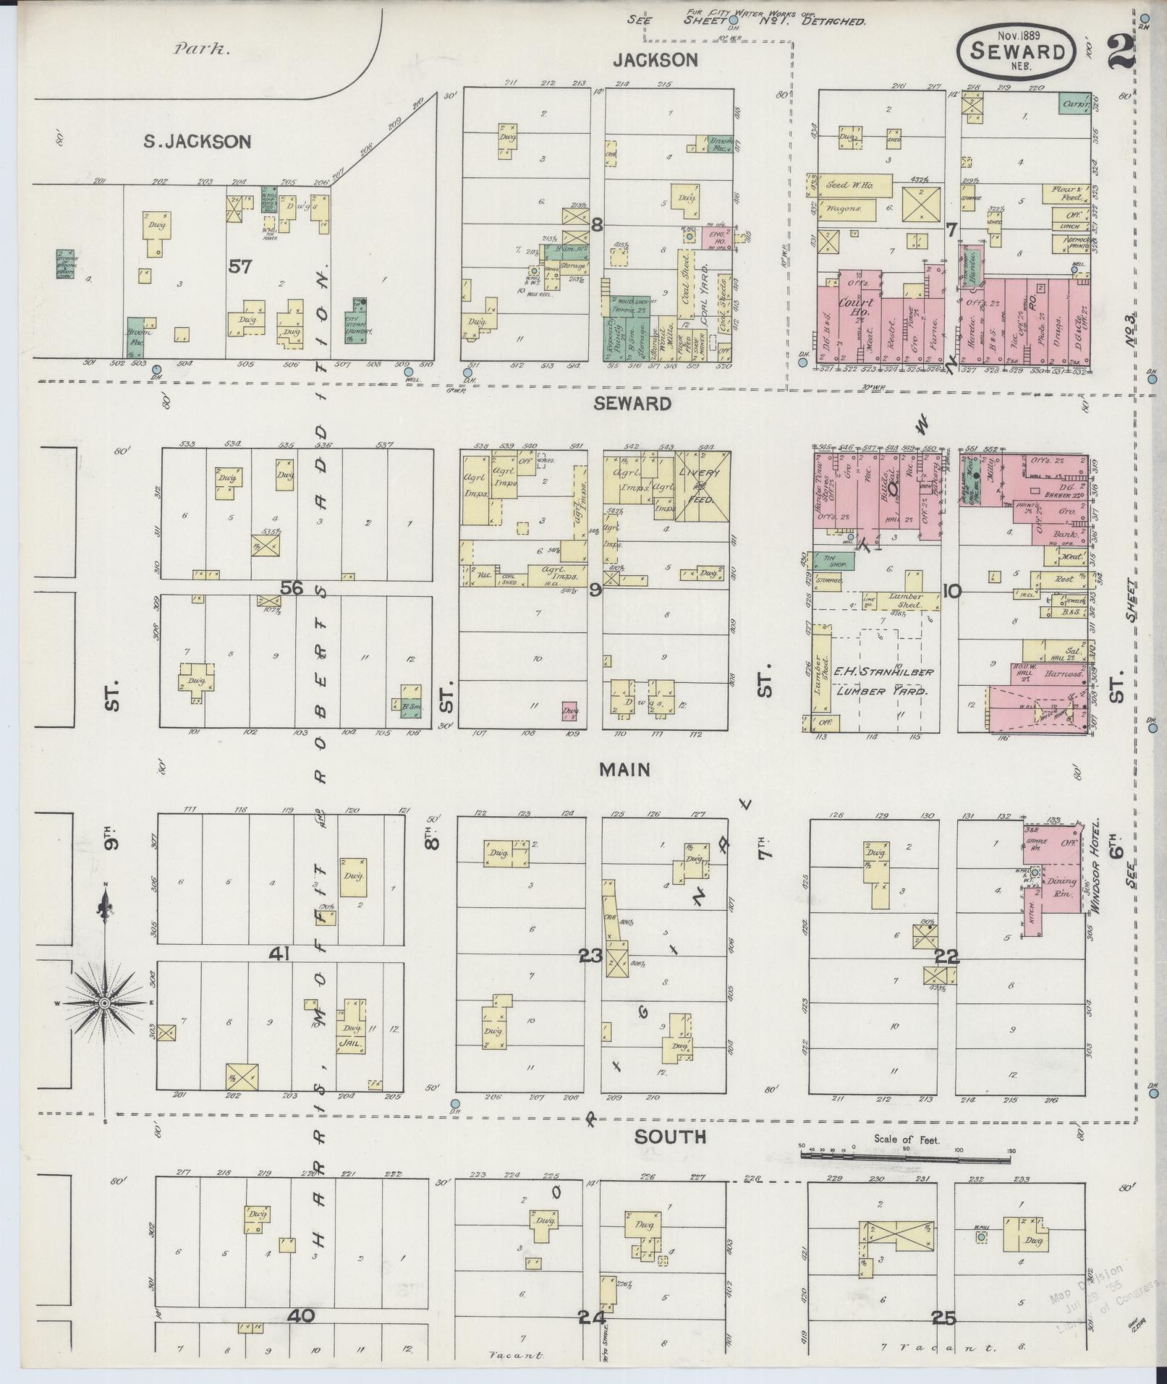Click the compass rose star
coord(104,1003)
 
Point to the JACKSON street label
coord(655,60)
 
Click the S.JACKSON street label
coord(197,142)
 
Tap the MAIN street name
coord(624,770)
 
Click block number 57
coord(239,267)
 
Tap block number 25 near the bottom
coord(944,1319)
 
